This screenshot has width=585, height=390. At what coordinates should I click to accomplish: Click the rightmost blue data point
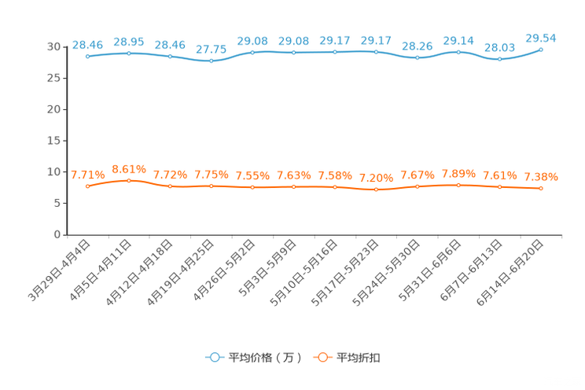pyautogui.click(x=541, y=49)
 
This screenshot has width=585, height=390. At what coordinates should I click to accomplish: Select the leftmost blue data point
pyautogui.click(x=87, y=57)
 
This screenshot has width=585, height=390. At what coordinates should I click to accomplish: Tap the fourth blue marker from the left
pyautogui.click(x=211, y=61)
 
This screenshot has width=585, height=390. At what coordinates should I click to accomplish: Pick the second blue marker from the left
pyautogui.click(x=128, y=53)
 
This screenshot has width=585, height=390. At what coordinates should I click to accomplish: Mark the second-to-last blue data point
pyautogui.click(x=499, y=59)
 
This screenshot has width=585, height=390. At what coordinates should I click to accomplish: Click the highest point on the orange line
pyautogui.click(x=128, y=180)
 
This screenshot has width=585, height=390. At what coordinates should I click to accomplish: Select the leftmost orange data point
pyautogui.click(x=87, y=186)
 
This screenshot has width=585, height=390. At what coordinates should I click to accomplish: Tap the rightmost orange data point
pyautogui.click(x=541, y=189)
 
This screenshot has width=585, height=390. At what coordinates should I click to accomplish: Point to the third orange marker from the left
pyautogui.click(x=170, y=186)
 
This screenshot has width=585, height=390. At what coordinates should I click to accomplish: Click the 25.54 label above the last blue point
pyautogui.click(x=541, y=37)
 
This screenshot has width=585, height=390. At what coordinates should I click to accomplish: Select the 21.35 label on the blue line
pyautogui.click(x=211, y=50)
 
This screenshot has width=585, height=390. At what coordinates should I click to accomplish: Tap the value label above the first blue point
pyautogui.click(x=87, y=45)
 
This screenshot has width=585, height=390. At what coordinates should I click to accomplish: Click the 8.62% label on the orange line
pyautogui.click(x=128, y=168)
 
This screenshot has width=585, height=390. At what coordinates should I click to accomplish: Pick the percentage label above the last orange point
pyautogui.click(x=541, y=176)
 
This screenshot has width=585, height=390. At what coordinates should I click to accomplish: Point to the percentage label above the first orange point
pyautogui.click(x=87, y=174)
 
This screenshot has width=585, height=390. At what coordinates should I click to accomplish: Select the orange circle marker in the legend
pyautogui.click(x=321, y=358)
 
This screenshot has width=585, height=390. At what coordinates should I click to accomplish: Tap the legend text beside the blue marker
pyautogui.click(x=265, y=359)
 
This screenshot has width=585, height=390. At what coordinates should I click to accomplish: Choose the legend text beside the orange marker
pyautogui.click(x=359, y=359)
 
